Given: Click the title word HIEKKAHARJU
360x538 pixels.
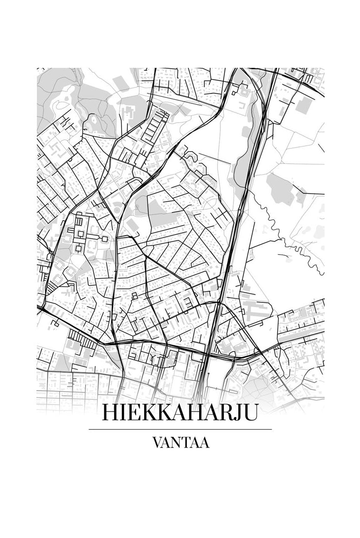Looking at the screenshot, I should point(180,413).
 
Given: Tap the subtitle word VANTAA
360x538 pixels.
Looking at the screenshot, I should point(180,443).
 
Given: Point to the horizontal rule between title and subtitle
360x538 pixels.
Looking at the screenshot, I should point(180,429).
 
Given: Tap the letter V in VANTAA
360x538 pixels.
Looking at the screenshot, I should point(157,443).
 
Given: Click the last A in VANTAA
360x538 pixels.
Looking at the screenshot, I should point(204,443).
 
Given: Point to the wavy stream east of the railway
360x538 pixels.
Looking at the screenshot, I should point(290,236).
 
